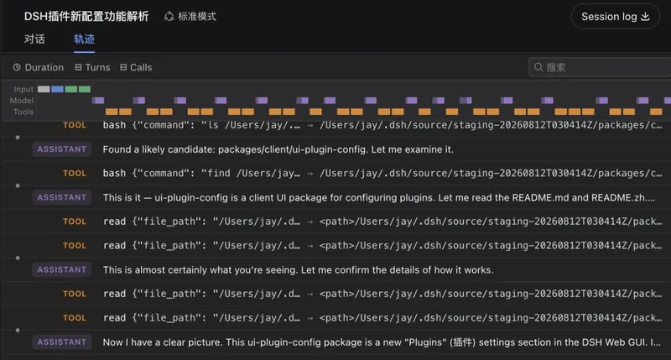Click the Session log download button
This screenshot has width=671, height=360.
pyautogui.click(x=615, y=17)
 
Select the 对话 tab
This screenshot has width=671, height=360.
pyautogui.click(x=34, y=39)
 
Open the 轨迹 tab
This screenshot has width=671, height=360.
pyautogui.click(x=84, y=39)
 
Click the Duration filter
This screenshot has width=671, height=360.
pyautogui.click(x=38, y=68)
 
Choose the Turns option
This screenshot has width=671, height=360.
pyautogui.click(x=92, y=68)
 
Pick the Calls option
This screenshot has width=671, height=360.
pyautogui.click(x=136, y=68)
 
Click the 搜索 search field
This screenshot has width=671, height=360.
pyautogui.click(x=599, y=67)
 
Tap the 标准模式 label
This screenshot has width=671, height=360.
pyautogui.click(x=190, y=17)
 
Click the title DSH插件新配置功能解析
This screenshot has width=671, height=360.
pyautogui.click(x=86, y=17)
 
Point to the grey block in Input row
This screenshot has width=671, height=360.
pyautogui.click(x=44, y=89)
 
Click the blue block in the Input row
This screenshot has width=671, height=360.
pyautogui.click(x=57, y=89)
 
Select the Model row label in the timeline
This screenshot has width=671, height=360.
pyautogui.click(x=22, y=101)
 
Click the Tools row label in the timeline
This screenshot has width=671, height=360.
pyautogui.click(x=23, y=112)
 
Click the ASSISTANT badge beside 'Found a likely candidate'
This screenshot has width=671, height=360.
pyautogui.click(x=61, y=149)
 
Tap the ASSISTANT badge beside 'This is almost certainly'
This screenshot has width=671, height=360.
pyautogui.click(x=61, y=269)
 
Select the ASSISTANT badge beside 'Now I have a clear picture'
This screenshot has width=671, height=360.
pyautogui.click(x=61, y=342)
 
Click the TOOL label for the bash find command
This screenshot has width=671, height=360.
pyautogui.click(x=75, y=174)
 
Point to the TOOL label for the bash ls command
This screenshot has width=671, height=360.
pyautogui.click(x=75, y=125)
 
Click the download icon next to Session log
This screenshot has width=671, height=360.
pyautogui.click(x=645, y=17)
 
